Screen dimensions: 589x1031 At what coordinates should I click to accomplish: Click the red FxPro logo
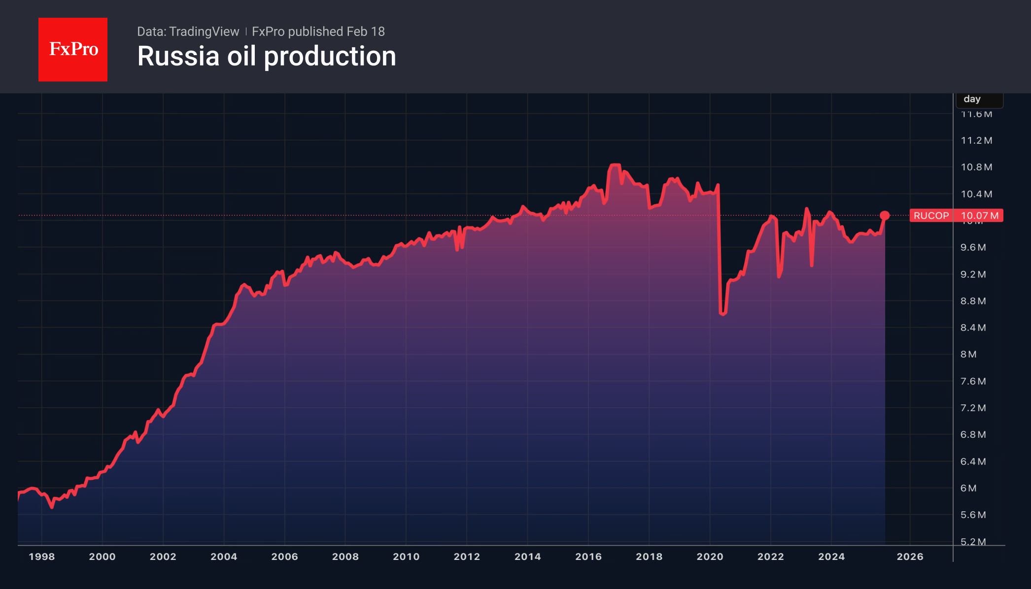[x=73, y=49]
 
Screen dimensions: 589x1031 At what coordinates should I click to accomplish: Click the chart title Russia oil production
[x=266, y=56]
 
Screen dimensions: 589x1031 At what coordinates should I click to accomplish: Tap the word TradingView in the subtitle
[x=204, y=32]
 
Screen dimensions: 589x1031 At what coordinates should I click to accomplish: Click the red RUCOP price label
[x=931, y=216]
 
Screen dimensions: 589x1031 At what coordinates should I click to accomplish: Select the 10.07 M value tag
[x=979, y=216]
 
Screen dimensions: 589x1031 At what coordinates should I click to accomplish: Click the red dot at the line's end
[x=885, y=215]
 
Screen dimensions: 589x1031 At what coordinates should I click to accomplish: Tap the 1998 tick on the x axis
[x=42, y=556]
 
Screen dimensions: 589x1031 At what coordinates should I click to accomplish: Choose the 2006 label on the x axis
[x=285, y=556]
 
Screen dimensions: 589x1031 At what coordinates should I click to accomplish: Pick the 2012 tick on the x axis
[x=467, y=556]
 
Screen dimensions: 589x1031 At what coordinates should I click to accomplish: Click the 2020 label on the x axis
[x=710, y=556]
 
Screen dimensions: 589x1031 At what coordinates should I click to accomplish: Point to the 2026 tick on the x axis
[x=910, y=556]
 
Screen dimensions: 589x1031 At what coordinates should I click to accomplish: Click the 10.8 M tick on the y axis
[x=976, y=167]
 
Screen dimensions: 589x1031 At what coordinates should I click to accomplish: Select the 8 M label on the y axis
[x=968, y=354]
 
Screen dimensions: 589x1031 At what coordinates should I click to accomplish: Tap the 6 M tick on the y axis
[x=968, y=488]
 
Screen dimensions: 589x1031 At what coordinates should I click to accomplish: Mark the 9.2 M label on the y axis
[x=973, y=274]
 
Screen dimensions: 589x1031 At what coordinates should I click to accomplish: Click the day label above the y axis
[x=972, y=99]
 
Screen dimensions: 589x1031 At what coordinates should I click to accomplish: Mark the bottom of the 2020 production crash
[x=723, y=313]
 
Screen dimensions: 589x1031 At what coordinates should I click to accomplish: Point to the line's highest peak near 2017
[x=615, y=165]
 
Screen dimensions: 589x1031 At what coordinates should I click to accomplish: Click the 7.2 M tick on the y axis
[x=973, y=408]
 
